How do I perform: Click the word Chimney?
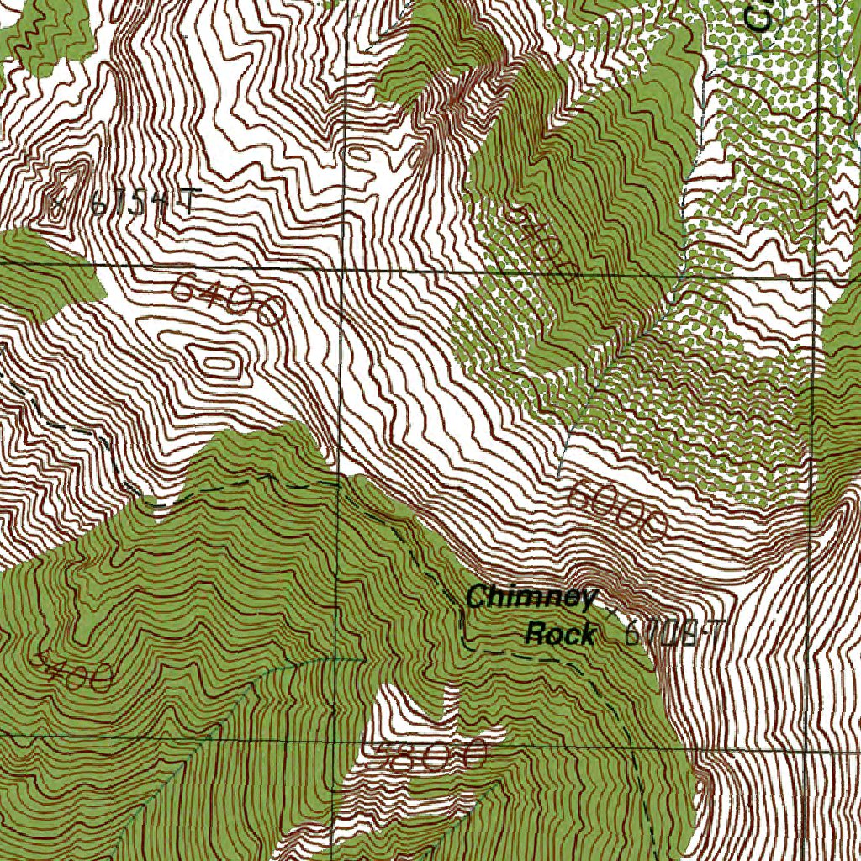tap(531, 598)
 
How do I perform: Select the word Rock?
tap(560, 633)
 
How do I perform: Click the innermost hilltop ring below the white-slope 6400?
tap(217, 363)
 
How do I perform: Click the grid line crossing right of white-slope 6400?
tap(343, 270)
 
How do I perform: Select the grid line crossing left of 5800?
tap(335, 735)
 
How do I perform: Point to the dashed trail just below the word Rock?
tap(538, 656)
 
